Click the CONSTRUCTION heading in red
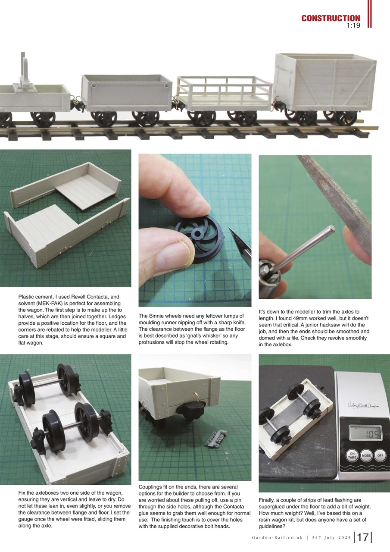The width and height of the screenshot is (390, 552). (331, 18)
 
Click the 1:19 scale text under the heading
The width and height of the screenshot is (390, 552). (353, 26)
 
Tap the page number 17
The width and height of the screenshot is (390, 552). (362, 537)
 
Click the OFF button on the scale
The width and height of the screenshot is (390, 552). (380, 455)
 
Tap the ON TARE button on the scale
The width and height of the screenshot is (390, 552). (352, 456)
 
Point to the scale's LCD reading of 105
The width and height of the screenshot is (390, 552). (365, 433)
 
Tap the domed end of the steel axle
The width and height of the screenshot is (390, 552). (331, 229)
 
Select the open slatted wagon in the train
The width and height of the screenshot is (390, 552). (224, 93)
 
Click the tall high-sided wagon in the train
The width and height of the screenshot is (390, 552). (325, 82)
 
